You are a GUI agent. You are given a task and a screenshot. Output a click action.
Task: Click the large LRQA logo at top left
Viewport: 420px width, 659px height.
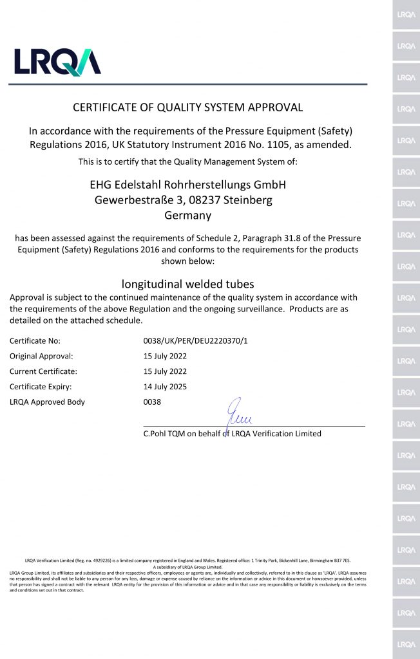(58, 62)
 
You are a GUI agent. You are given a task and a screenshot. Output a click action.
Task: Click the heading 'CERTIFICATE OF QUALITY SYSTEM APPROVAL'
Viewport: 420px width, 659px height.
(187, 107)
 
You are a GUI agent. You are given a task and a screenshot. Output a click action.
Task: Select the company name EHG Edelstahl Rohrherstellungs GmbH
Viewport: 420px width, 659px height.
(187, 185)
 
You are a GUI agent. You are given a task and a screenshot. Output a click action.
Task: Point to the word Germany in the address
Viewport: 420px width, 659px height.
(187, 216)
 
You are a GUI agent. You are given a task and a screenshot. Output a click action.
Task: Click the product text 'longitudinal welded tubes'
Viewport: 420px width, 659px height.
(187, 284)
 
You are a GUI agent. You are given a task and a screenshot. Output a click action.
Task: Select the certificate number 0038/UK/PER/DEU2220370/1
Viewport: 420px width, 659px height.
(195, 340)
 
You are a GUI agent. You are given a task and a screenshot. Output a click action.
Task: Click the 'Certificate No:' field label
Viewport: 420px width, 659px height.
(35, 340)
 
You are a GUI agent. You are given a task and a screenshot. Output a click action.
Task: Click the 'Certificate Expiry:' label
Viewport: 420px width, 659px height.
(41, 387)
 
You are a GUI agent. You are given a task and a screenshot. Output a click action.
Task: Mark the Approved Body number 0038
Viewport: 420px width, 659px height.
(152, 402)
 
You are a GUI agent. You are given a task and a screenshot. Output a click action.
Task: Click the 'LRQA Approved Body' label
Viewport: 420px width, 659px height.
(47, 402)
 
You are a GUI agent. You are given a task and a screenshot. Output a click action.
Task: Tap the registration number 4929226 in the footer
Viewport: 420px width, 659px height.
(90, 561)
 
